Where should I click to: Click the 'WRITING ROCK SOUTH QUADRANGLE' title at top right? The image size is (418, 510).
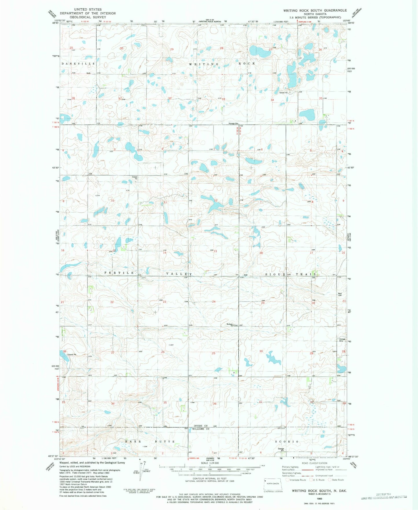click(315, 10)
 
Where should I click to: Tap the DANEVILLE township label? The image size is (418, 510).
click(78, 63)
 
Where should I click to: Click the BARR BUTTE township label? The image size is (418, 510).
click(150, 442)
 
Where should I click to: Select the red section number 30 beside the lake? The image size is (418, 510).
click(261, 351)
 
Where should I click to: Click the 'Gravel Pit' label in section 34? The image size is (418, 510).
click(283, 93)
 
